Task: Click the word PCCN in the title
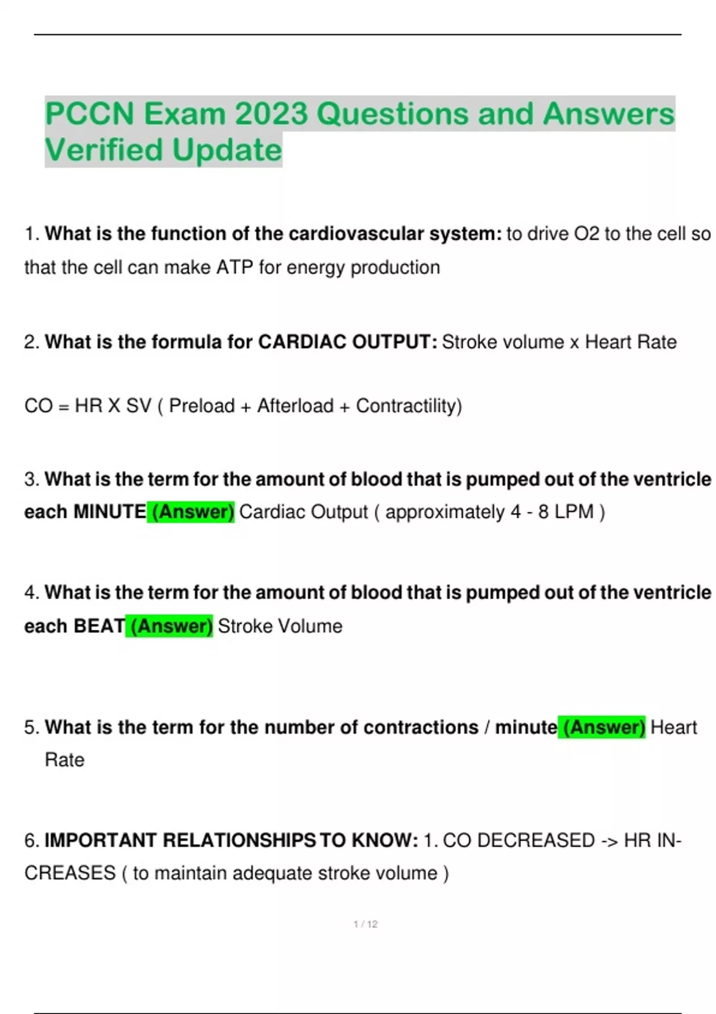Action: tap(89, 113)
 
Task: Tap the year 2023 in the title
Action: tap(271, 113)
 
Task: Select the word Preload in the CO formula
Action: tap(202, 406)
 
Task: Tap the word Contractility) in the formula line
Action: tap(409, 406)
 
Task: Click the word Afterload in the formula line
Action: tap(295, 406)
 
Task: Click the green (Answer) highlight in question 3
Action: tap(192, 512)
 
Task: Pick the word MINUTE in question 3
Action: tap(109, 512)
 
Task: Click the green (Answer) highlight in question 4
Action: tap(170, 626)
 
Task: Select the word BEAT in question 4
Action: tap(99, 626)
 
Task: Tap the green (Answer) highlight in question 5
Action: tap(603, 727)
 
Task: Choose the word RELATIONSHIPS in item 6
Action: tap(239, 840)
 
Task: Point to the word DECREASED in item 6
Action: tap(536, 840)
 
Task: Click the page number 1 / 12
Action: tap(365, 924)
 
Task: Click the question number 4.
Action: tap(30, 593)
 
